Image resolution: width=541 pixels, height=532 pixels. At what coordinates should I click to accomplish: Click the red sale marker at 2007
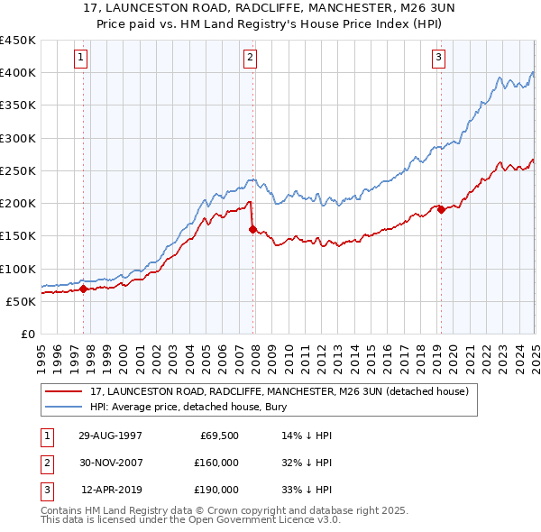tap(252, 229)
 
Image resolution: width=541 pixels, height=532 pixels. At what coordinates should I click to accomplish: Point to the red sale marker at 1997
tap(84, 289)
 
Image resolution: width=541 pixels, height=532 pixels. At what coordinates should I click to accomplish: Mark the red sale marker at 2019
tap(441, 210)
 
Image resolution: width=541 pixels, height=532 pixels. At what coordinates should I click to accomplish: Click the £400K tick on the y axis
tap(18, 73)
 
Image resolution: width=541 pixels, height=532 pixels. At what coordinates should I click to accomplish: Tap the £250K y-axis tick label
tap(18, 170)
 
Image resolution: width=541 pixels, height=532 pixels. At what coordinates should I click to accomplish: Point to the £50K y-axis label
tap(21, 301)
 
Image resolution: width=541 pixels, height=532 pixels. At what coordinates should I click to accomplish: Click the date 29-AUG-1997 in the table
tap(111, 436)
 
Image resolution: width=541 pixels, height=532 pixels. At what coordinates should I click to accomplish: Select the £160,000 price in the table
tap(216, 463)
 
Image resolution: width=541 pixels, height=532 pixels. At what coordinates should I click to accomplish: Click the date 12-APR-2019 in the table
tap(111, 490)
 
